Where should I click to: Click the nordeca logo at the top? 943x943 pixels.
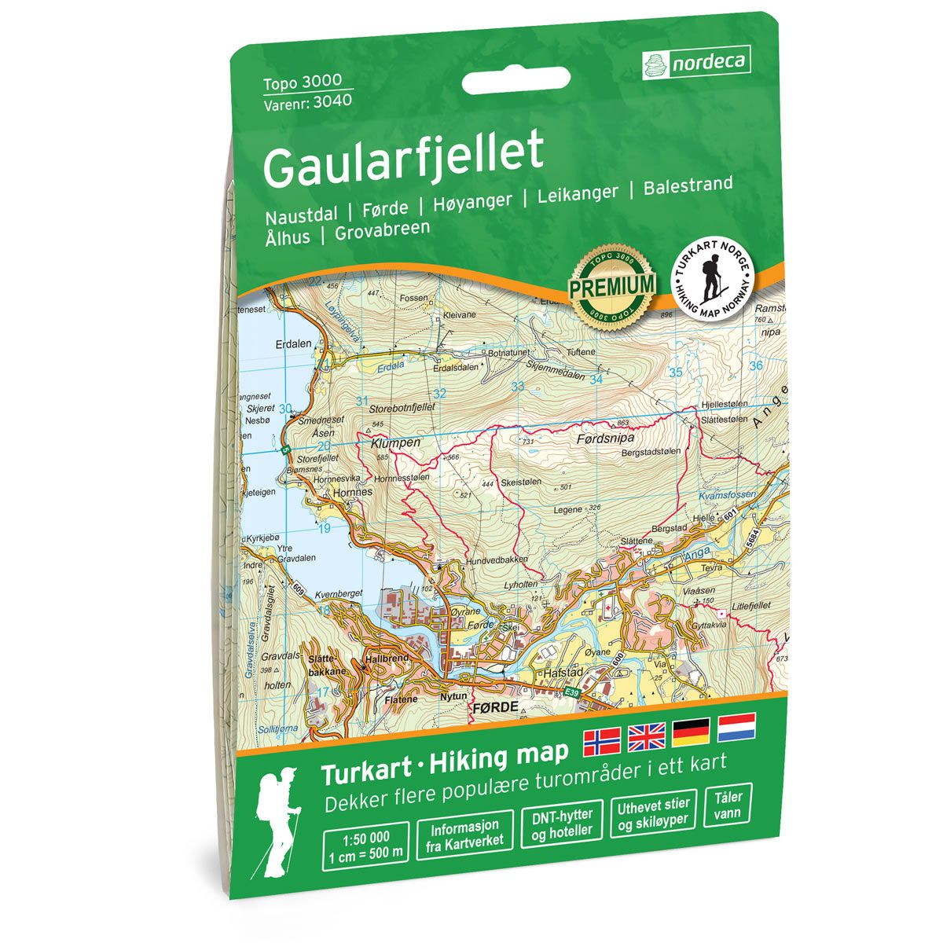695,61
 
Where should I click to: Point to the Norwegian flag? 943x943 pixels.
601,739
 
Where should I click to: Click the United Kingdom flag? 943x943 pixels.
646,738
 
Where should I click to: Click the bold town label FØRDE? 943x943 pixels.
497,707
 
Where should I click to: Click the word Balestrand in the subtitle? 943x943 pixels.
688,186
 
